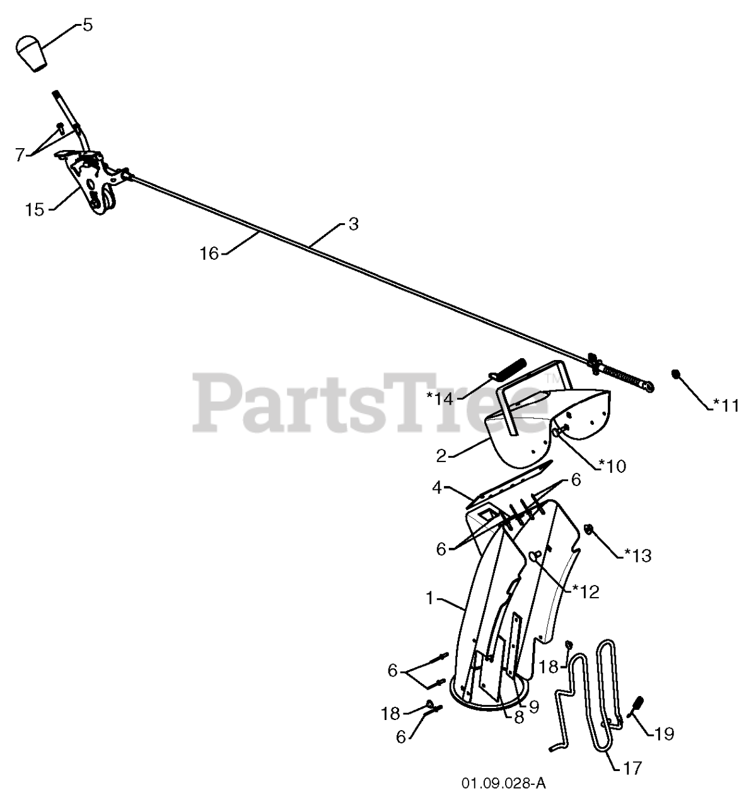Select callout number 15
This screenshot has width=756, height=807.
pos(35,209)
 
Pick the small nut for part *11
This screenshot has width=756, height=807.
pos(675,374)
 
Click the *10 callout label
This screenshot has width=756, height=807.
pos(612,466)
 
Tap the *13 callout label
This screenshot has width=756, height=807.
pos(637,555)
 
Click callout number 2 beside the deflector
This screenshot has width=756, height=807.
pos(441,455)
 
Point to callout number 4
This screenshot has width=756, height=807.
pos(437,487)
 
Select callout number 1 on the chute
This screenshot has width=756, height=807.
pos(430,598)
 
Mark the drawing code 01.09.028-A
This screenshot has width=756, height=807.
pos(503,784)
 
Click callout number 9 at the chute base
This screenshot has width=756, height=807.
pos(533,707)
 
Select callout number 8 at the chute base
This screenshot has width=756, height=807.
pos(518,717)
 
